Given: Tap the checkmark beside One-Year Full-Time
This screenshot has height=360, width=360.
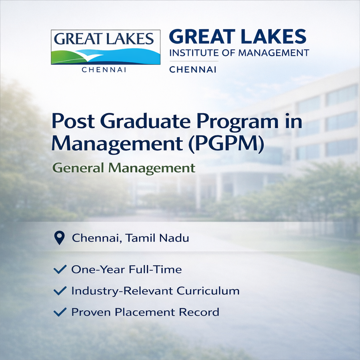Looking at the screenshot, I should click(x=60, y=270).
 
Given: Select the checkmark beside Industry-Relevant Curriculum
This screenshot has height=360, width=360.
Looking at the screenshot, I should click(x=60, y=291).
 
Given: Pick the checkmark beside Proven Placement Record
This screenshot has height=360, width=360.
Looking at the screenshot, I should click(x=60, y=312).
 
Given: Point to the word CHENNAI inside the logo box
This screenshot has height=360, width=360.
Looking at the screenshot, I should click(x=106, y=70).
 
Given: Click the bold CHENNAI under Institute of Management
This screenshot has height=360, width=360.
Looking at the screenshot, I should click(x=193, y=70).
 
